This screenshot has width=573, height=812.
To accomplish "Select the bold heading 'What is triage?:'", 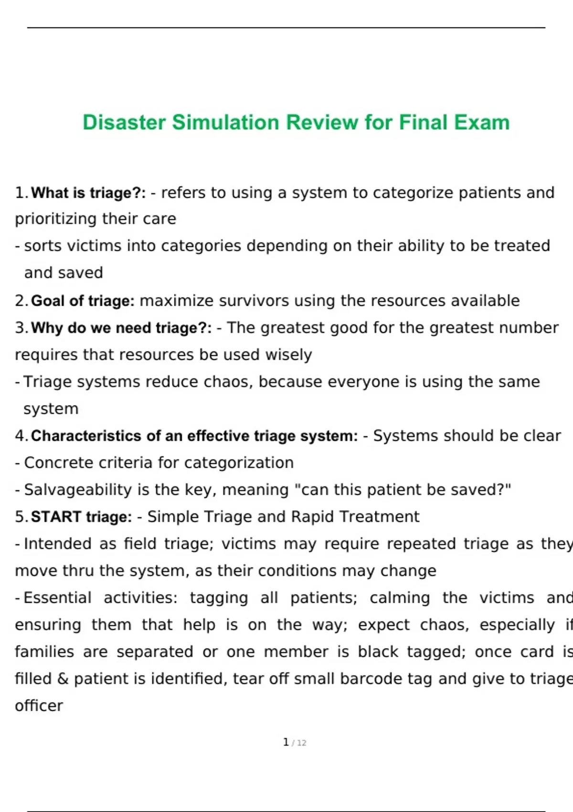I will click(88, 193).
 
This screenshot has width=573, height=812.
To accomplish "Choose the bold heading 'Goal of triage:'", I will click(83, 301).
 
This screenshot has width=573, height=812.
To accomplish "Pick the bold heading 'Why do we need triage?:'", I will click(121, 328).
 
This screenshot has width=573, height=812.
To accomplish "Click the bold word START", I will click(56, 517).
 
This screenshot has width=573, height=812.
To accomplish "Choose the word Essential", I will click(57, 598).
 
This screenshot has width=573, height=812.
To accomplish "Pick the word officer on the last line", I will click(39, 706).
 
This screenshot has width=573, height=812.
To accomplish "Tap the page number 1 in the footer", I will click(286, 742).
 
